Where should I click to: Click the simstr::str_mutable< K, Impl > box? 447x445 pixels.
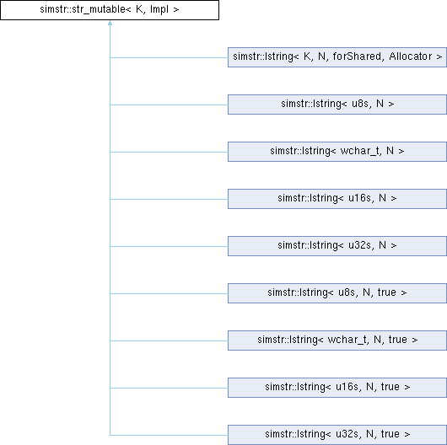coord(110,10)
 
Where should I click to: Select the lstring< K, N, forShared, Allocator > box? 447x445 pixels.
coord(337,57)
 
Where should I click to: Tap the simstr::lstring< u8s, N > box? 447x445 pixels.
coord(337,105)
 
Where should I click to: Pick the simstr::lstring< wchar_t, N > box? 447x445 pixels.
coord(337,152)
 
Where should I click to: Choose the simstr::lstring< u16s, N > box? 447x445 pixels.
coord(337,199)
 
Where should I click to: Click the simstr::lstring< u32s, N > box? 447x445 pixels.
coord(337,246)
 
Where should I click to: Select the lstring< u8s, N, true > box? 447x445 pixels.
coord(337,293)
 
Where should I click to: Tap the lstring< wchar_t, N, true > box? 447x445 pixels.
coord(337,340)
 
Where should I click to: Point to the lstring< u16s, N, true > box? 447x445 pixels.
coord(337,388)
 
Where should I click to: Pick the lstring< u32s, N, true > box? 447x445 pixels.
coord(337,435)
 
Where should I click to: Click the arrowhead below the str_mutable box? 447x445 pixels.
coord(110,23)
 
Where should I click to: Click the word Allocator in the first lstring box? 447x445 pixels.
coord(410,56)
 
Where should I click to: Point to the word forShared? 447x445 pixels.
coord(357,56)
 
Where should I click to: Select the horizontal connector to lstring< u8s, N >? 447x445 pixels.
coord(169,105)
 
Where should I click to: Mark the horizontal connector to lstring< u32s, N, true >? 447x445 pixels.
coord(169,435)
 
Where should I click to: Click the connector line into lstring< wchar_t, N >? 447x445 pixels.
coord(169,153)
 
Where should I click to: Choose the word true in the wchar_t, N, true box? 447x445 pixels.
coord(398,340)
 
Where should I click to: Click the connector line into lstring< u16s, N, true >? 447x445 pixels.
coord(169,388)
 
